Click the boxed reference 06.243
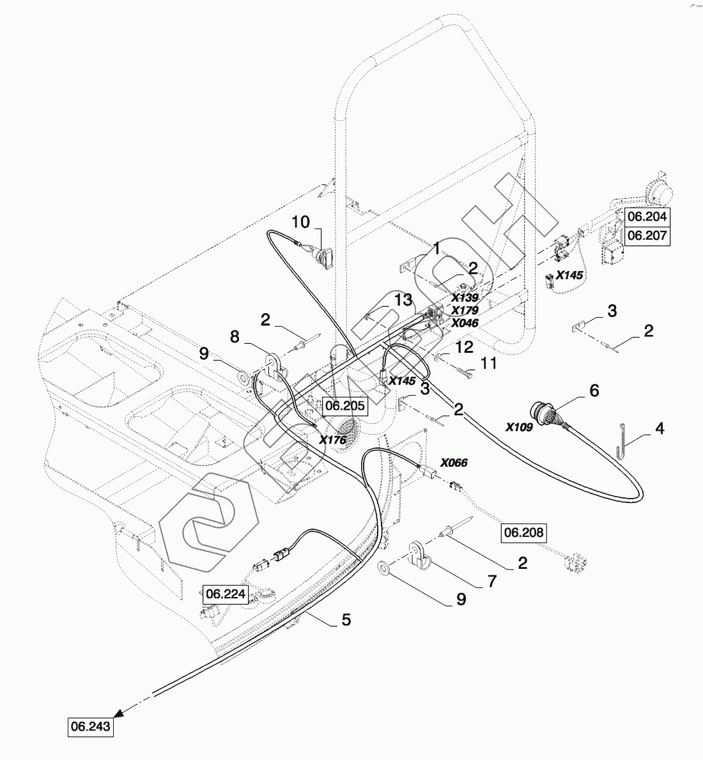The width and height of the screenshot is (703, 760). [91, 727]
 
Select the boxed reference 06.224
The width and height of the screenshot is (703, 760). [226, 594]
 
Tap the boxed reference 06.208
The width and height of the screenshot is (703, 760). [525, 532]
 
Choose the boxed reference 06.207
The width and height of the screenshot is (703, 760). [647, 235]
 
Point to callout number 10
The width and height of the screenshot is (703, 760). [301, 222]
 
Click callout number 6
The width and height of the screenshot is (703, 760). [594, 390]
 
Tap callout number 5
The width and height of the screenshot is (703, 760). [346, 619]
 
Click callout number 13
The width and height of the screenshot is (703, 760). [403, 299]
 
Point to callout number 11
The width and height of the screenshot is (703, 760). [488, 363]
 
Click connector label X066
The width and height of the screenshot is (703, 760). [454, 463]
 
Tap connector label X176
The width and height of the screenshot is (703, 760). [332, 440]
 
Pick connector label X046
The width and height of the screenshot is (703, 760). [465, 323]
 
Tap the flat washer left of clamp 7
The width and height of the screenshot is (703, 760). [385, 566]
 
